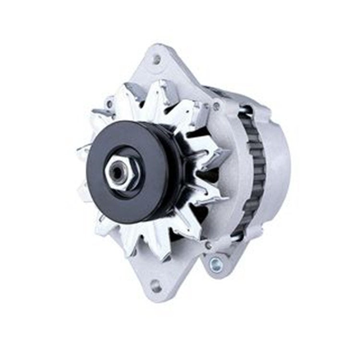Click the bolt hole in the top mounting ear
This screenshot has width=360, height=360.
pyautogui.click(x=156, y=60)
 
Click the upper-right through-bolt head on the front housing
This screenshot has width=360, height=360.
pyautogui.click(x=217, y=106)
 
